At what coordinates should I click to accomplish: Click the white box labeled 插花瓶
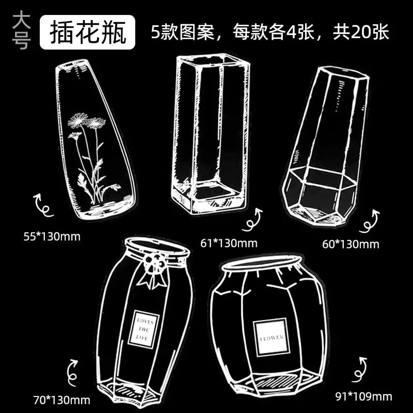click(x=87, y=32)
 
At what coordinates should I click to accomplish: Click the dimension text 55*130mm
click(x=52, y=236)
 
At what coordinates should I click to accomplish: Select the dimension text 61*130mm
click(x=229, y=243)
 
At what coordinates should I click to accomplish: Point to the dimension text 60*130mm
click(x=351, y=244)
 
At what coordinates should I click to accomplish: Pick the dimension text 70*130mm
click(x=61, y=400)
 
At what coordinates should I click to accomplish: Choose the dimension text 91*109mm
click(x=363, y=396)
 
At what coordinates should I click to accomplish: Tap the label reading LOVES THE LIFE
click(x=144, y=329)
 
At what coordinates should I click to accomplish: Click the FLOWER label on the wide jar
click(x=272, y=338)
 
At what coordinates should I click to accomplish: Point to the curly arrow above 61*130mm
click(x=253, y=220)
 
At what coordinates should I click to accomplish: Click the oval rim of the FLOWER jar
click(x=262, y=263)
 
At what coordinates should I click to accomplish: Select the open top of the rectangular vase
click(x=213, y=60)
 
